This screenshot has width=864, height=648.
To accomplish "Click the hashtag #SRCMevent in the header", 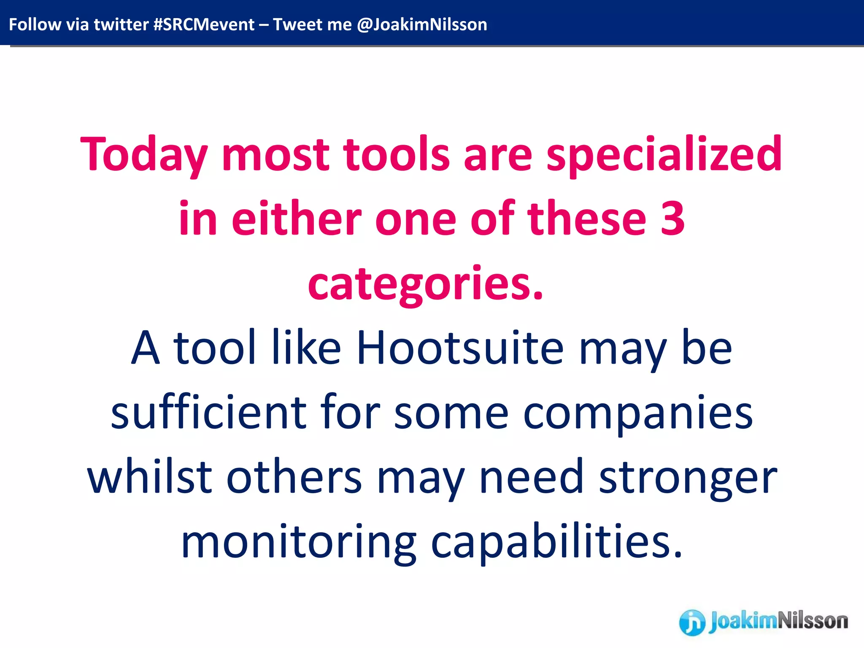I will tap(204, 24).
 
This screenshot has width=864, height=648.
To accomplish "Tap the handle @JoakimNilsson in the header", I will tap(422, 24).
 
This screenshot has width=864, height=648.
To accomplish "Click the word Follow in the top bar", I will tap(35, 24).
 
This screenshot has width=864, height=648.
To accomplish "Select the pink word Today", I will tap(143, 155).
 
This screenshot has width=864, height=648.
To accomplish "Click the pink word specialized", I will tap(664, 155).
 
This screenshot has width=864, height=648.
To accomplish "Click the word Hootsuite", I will tap(460, 348).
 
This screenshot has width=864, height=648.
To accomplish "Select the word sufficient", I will tap(209, 413).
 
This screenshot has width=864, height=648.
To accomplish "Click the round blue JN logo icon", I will tap(692, 623).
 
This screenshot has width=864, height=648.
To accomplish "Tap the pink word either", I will tap(297, 219).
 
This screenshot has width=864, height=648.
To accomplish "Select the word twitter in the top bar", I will tap(121, 24).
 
